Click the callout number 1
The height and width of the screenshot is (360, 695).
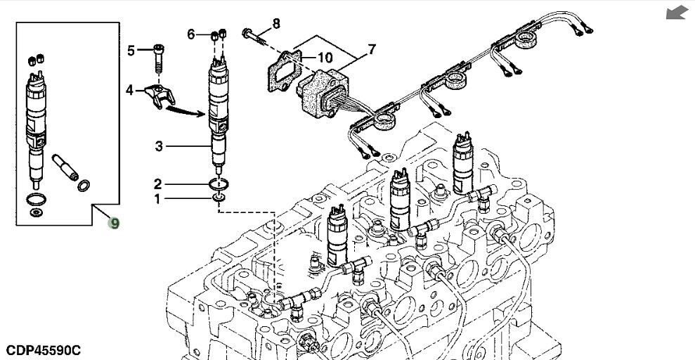point(157,199)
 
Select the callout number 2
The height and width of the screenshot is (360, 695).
point(158,184)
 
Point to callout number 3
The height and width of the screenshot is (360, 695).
point(160,146)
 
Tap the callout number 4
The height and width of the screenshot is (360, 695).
point(130,90)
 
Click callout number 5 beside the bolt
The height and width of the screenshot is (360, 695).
point(131,50)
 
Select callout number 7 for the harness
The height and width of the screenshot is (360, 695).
point(371,49)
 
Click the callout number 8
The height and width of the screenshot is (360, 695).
point(276,23)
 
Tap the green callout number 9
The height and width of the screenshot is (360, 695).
point(113,223)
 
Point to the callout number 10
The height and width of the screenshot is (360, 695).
point(325,56)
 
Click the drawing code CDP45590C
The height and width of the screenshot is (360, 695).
point(44,349)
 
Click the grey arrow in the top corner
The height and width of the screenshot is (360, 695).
point(677,13)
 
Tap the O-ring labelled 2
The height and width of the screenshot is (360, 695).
point(220,184)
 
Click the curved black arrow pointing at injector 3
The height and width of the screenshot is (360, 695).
point(184,110)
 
